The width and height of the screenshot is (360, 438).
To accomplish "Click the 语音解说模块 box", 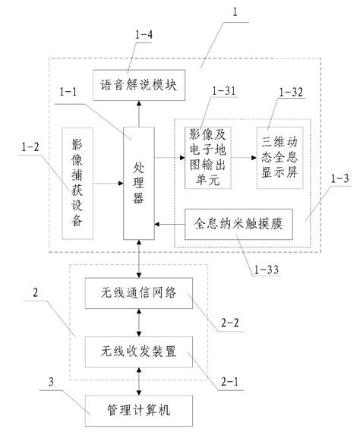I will [x=139, y=85].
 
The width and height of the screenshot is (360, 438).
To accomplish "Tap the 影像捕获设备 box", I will [x=77, y=184].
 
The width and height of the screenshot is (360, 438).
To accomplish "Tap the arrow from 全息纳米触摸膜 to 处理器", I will [x=170, y=224].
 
